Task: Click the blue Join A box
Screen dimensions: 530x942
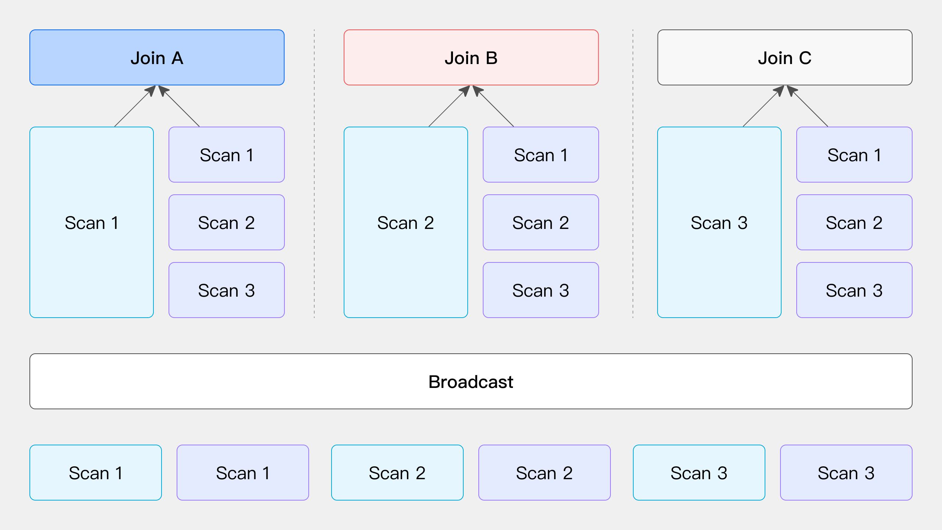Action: point(157,57)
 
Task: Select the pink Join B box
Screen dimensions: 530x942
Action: point(471,57)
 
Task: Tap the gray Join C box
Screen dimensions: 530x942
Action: point(785,57)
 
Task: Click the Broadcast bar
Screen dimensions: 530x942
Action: point(471,381)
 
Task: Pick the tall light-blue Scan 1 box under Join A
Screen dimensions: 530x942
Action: point(91,222)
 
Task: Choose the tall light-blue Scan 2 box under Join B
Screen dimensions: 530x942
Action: point(406,222)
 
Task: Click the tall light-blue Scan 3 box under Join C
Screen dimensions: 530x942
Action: point(719,222)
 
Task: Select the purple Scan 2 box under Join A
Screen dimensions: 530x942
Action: point(226,222)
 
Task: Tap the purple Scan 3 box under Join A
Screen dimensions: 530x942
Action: point(226,290)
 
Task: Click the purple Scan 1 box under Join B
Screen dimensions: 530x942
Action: point(541,155)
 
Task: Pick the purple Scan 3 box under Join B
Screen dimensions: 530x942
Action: point(541,290)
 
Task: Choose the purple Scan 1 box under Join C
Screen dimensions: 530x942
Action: point(854,155)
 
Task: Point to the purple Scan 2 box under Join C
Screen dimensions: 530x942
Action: point(854,222)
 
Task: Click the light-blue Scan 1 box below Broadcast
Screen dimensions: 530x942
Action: point(95,473)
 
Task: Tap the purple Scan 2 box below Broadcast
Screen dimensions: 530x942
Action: point(544,473)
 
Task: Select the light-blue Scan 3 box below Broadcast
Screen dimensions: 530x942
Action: point(699,473)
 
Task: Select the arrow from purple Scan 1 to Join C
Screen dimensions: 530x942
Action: point(810,108)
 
